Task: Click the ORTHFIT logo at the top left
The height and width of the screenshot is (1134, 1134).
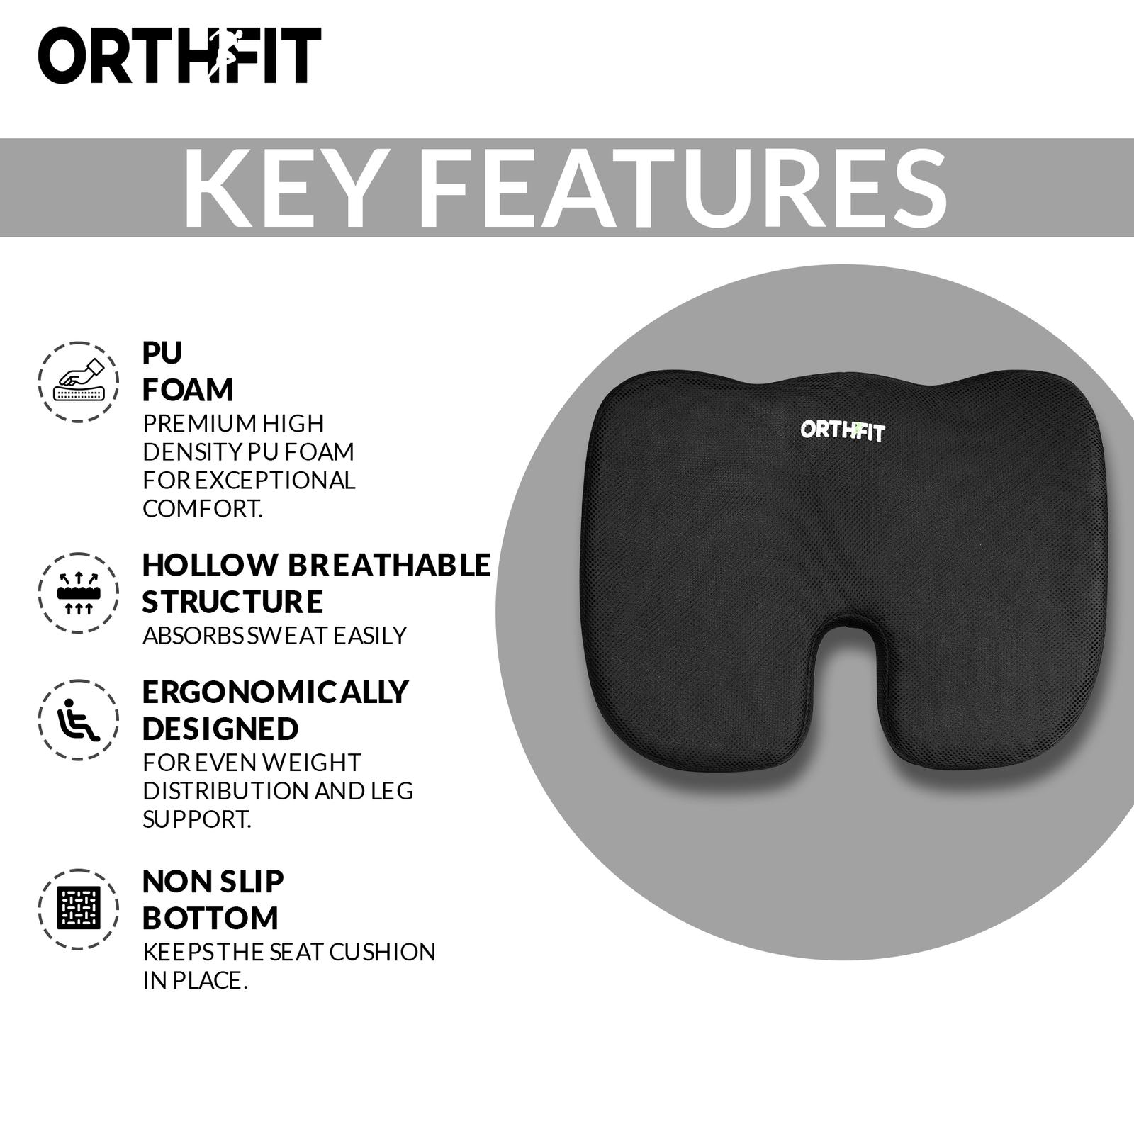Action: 179,55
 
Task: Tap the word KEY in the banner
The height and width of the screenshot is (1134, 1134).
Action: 279,189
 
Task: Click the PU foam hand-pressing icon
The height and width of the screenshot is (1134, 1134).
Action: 78,382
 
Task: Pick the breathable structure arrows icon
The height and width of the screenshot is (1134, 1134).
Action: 78,593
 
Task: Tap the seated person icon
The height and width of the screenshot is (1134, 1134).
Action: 78,719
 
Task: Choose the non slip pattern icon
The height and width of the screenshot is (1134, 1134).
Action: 78,909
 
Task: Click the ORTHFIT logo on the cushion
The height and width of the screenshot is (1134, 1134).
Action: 843,430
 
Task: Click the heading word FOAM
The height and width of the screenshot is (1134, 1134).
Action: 188,390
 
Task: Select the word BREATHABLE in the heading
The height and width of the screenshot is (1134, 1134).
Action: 389,565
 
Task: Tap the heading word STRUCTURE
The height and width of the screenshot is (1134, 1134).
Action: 232,602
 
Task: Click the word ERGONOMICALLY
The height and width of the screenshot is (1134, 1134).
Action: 276,692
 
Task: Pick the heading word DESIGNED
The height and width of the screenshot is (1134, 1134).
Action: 220,729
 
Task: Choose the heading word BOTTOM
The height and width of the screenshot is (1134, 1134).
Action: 210,918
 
